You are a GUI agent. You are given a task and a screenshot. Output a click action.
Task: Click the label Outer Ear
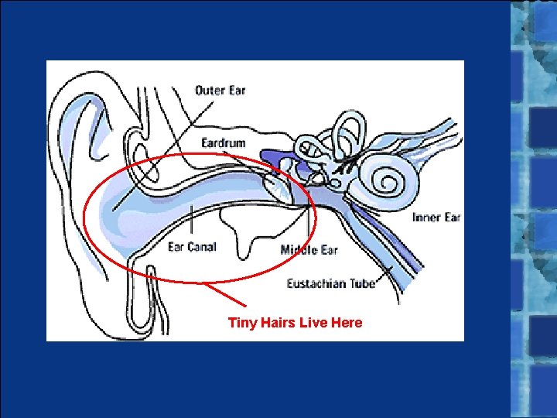pyautogui.click(x=220, y=91)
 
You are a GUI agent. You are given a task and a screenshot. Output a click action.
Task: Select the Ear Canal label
pyautogui.click(x=192, y=248)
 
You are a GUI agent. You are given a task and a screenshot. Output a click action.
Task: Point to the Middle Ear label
pyautogui.click(x=309, y=250)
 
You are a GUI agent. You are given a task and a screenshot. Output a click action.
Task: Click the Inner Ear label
pyautogui.click(x=436, y=218)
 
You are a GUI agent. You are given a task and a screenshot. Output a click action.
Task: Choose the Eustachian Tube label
pyautogui.click(x=331, y=283)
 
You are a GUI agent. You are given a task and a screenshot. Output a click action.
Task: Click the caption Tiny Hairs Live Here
pyautogui.click(x=295, y=323)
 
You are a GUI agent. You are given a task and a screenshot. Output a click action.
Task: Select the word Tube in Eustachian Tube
pyautogui.click(x=362, y=283)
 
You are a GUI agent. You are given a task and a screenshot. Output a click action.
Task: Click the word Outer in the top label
pyautogui.click(x=209, y=91)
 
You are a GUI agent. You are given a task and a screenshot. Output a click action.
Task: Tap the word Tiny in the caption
pyautogui.click(x=241, y=323)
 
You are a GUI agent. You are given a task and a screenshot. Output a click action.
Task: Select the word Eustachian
pyautogui.click(x=317, y=283)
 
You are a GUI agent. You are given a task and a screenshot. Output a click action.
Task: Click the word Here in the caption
pyautogui.click(x=346, y=323)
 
